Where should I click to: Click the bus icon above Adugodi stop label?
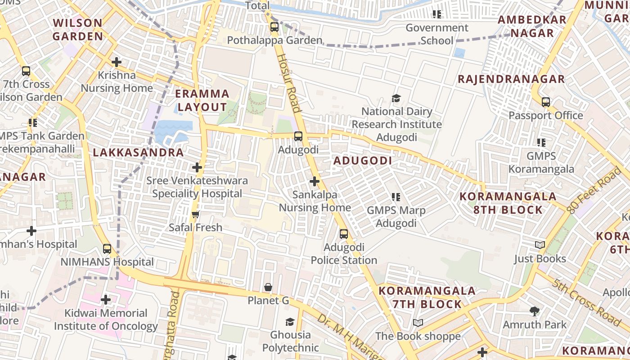(x=298, y=136)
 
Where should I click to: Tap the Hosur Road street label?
(x=288, y=83)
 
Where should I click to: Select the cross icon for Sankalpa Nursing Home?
(x=315, y=181)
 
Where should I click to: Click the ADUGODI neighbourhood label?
(x=363, y=161)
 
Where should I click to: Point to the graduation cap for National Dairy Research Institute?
(x=396, y=98)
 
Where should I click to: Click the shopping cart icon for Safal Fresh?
(x=195, y=214)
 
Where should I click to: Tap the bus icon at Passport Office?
(x=546, y=102)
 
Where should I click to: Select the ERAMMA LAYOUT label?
(x=202, y=100)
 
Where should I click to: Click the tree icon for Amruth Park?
(x=535, y=311)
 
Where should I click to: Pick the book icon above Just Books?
(x=540, y=245)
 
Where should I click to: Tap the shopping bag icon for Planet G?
(x=268, y=287)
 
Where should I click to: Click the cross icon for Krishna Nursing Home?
(x=117, y=62)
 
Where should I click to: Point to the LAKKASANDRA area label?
(x=138, y=153)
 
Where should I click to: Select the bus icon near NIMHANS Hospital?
(x=107, y=248)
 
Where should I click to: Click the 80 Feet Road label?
(x=594, y=190)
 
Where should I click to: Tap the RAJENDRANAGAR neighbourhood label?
(x=511, y=79)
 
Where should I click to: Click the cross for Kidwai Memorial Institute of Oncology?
(x=106, y=299)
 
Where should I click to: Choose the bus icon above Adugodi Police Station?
(x=344, y=234)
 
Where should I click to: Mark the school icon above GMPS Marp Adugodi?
(x=396, y=197)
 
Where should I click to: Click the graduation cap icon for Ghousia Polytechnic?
(x=290, y=322)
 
